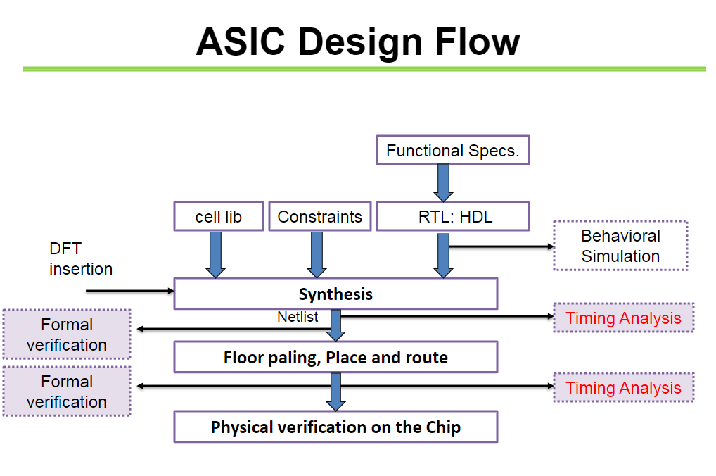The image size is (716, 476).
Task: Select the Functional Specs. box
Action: tap(453, 151)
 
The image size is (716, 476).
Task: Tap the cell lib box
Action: tap(218, 217)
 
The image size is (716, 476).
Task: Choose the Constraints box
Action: tap(320, 217)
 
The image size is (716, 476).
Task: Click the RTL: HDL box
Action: tap(452, 217)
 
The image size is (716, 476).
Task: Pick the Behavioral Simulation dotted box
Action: tap(620, 246)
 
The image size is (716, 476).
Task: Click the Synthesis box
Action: tap(335, 294)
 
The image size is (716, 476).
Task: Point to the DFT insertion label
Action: tap(80, 258)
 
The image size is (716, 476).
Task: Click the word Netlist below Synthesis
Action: tap(298, 317)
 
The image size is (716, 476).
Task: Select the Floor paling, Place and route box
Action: tap(335, 357)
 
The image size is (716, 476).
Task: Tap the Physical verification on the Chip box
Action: tap(335, 427)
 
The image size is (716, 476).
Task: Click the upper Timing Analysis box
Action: tap(623, 318)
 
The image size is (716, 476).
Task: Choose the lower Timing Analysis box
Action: tap(623, 387)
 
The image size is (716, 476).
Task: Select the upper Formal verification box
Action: tap(67, 334)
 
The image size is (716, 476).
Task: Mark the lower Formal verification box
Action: tap(67, 392)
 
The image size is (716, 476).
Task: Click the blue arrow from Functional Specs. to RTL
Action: tap(444, 182)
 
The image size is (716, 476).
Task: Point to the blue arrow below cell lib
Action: tap(215, 254)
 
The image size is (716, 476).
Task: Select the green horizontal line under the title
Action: tap(364, 69)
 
